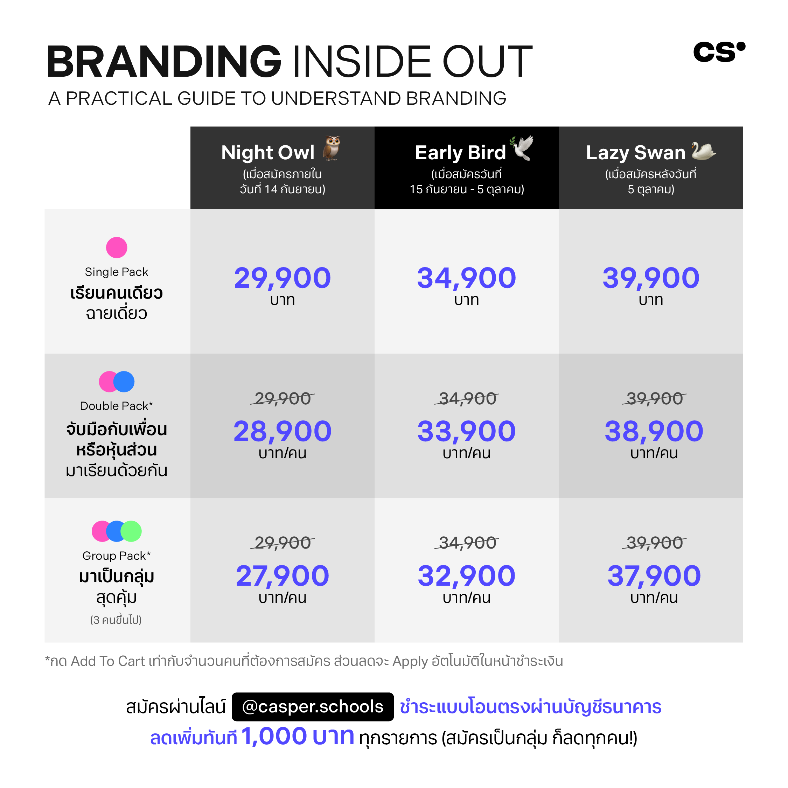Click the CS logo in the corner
(x=719, y=52)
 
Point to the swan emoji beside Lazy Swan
(x=704, y=151)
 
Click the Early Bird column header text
(x=460, y=153)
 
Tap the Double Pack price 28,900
(x=282, y=432)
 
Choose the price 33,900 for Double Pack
(x=466, y=432)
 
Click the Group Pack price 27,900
(x=282, y=576)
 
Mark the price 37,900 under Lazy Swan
(x=654, y=576)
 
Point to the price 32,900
(x=466, y=576)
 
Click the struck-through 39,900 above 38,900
(x=654, y=398)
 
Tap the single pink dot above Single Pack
(x=117, y=247)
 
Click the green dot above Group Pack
(x=131, y=531)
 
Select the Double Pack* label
(x=116, y=406)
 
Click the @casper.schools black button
(x=312, y=707)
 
